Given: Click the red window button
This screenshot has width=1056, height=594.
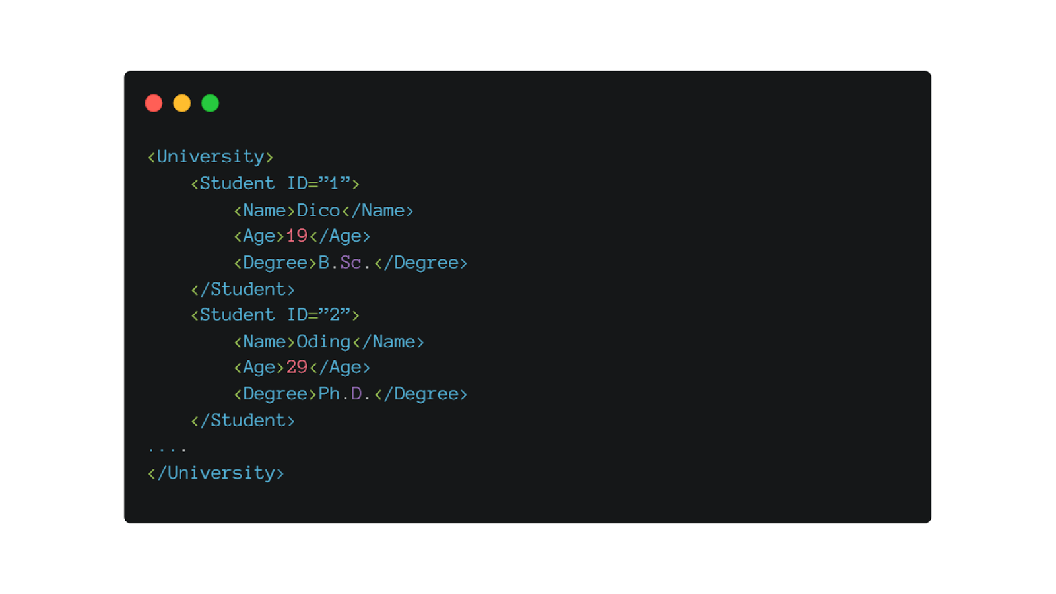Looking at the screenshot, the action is [154, 103].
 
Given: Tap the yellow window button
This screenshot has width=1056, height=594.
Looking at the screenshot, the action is [182, 103].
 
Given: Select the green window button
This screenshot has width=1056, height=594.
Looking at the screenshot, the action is [211, 103].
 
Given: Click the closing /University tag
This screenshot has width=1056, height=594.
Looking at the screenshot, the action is [216, 473].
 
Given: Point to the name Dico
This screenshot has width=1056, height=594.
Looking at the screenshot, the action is [318, 211].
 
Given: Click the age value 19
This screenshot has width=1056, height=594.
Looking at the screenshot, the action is [296, 236].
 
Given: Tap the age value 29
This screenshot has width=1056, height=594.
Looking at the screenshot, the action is [296, 367].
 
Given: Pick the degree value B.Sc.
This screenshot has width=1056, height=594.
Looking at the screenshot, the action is [345, 263].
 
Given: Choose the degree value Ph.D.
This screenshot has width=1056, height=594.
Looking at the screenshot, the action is [345, 394].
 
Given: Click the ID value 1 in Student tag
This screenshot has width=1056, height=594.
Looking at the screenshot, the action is [334, 184].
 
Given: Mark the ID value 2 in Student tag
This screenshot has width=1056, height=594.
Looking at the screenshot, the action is [334, 315].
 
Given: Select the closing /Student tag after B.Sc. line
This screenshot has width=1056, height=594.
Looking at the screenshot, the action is [243, 290].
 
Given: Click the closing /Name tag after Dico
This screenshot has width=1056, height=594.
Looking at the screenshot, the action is [378, 211].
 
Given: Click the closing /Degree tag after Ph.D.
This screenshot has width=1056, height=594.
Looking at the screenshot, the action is [421, 394].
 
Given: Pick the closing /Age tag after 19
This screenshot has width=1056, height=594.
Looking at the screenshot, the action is [340, 236].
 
